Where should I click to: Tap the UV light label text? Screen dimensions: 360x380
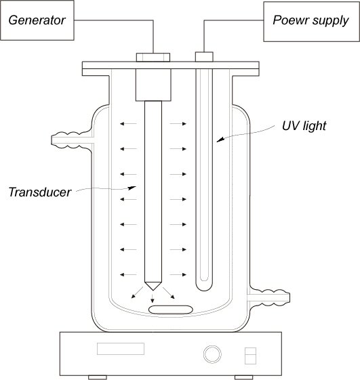coord(304,126)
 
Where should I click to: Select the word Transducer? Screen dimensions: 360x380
coord(40,192)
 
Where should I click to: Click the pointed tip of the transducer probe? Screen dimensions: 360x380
coord(153,290)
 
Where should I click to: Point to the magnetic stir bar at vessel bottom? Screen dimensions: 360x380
coord(171,310)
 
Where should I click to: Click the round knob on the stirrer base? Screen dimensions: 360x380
coord(212,354)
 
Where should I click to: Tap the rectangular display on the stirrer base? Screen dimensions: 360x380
coord(121,349)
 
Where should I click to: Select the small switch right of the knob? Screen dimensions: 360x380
coord(250,356)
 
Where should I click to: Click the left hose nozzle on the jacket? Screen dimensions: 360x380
coord(72,140)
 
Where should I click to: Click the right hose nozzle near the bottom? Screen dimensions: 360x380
coord(269,298)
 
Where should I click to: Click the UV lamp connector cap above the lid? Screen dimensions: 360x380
coord(204,57)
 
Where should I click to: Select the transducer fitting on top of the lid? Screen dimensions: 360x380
coord(153,58)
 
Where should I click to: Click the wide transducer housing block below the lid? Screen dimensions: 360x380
coord(153,85)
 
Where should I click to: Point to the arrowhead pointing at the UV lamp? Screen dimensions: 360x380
coord(220,140)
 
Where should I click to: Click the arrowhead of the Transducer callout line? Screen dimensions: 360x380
coord(132,188)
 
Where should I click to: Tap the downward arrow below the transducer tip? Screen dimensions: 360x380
coord(153,298)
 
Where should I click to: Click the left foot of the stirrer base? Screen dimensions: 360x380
coord(98,377)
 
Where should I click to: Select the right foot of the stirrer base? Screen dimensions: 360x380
coord(244,377)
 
